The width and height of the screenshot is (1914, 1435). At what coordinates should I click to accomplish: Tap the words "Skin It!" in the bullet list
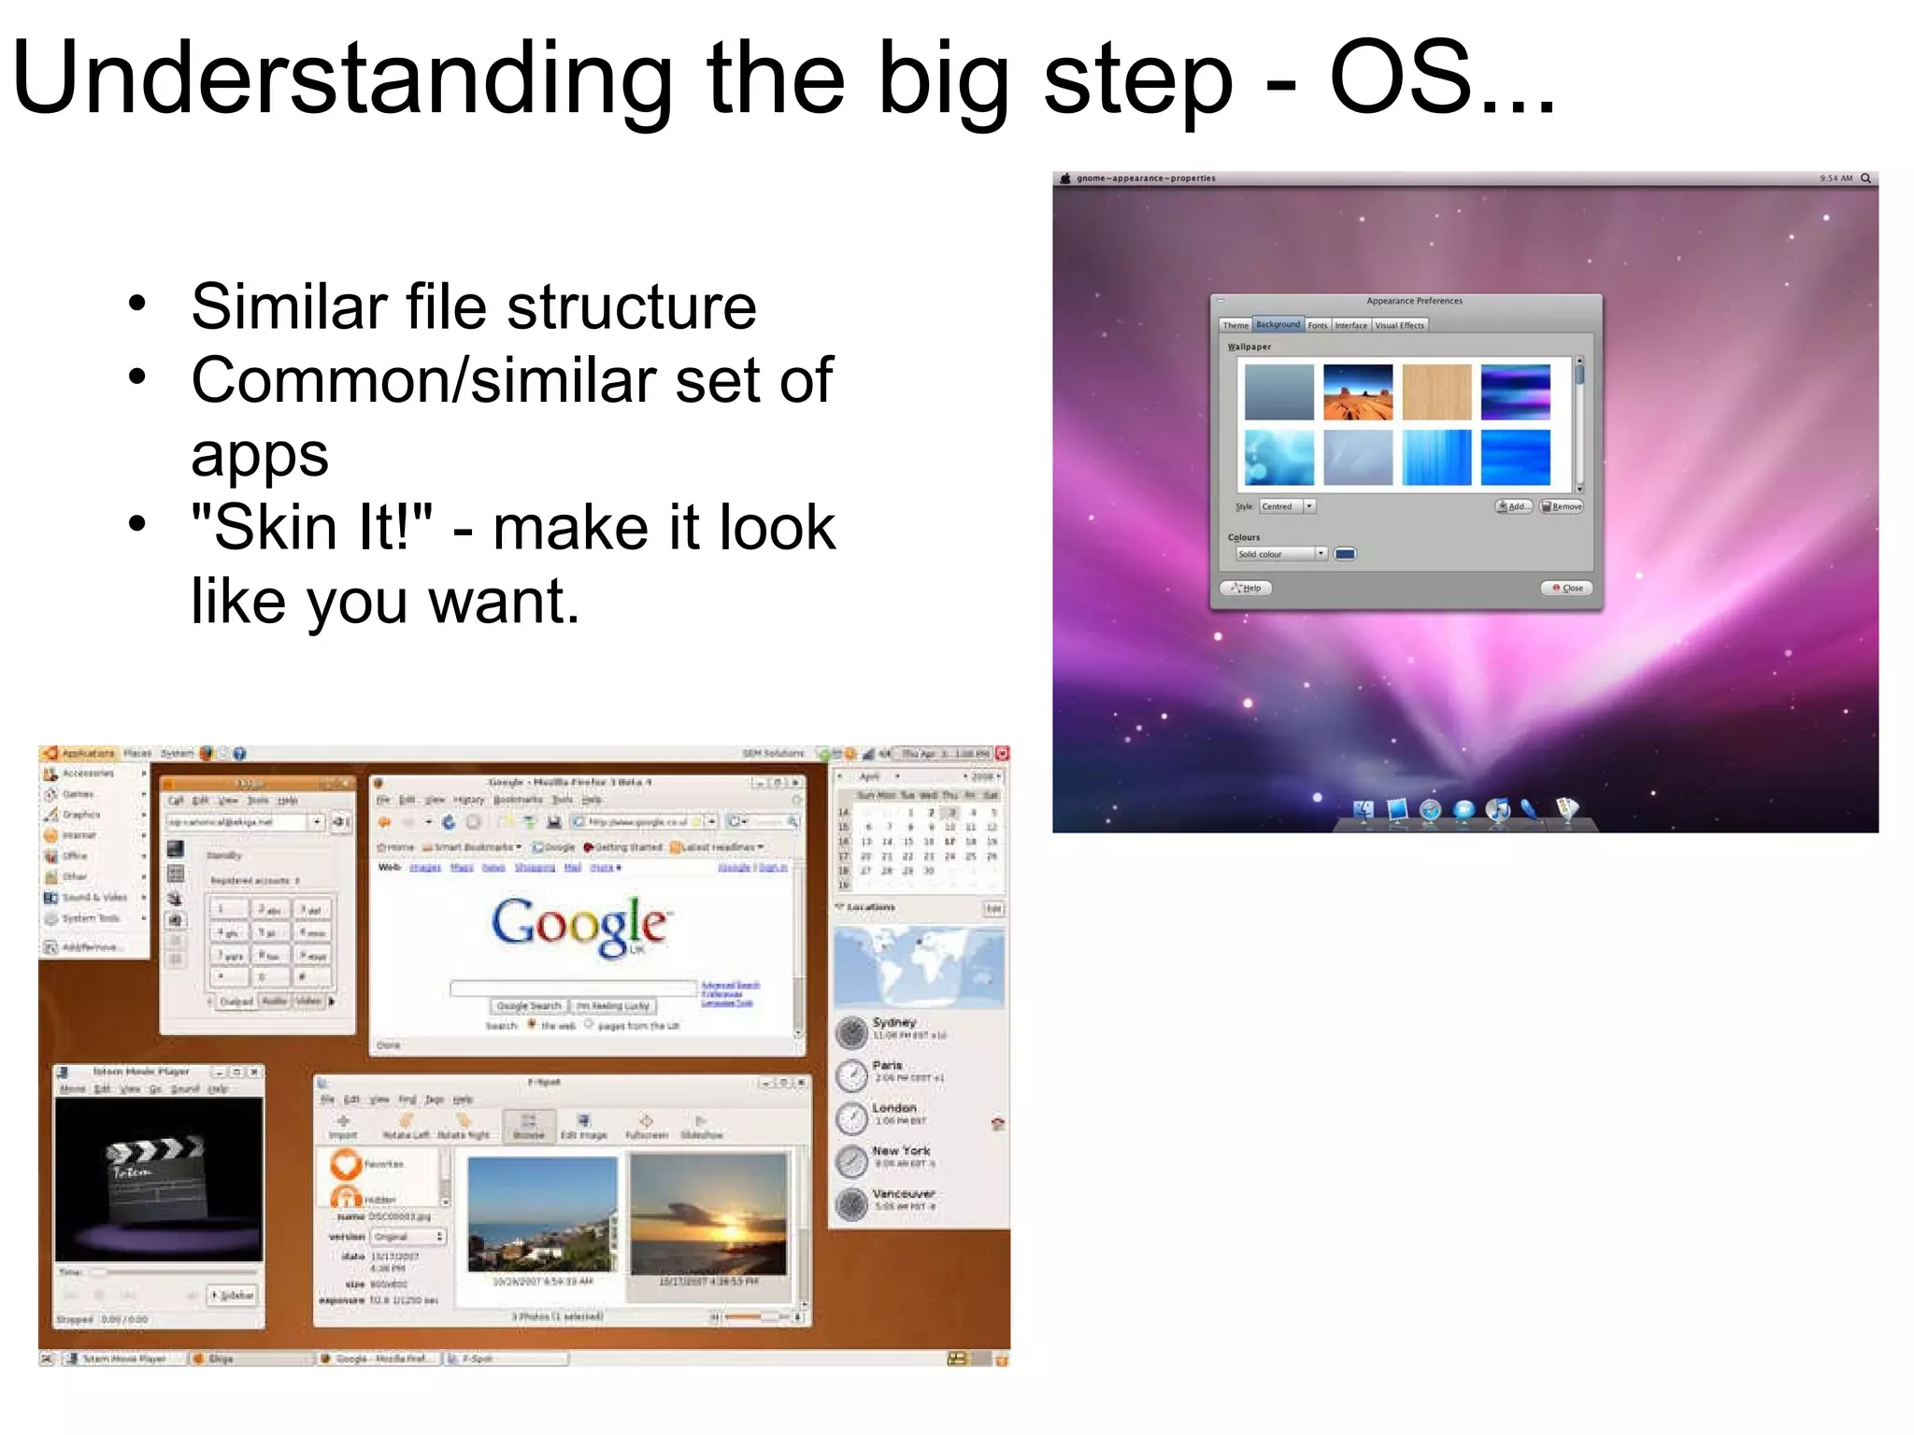tap(311, 528)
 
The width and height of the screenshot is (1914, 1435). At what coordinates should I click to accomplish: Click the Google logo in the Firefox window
tap(579, 925)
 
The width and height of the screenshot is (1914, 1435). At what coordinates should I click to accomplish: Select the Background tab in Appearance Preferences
tap(1278, 325)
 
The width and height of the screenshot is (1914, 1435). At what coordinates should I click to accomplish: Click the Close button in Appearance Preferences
tap(1567, 588)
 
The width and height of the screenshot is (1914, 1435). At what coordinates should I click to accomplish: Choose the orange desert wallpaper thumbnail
tap(1358, 392)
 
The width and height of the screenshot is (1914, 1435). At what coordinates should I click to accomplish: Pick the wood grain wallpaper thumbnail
tap(1436, 392)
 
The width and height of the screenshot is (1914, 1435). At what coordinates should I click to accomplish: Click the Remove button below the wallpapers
tap(1562, 506)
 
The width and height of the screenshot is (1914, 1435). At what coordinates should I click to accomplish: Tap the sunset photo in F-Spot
tap(708, 1215)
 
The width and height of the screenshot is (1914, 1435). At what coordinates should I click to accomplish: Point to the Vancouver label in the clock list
tap(903, 1194)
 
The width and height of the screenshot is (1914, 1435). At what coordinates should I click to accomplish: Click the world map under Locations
tap(919, 966)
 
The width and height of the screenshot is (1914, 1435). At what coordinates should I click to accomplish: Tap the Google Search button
tap(529, 1006)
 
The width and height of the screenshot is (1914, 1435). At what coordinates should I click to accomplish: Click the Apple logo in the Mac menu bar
tap(1064, 178)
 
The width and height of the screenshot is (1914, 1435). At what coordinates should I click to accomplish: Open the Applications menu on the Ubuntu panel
tap(87, 753)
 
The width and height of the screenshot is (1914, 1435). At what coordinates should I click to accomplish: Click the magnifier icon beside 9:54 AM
tap(1865, 178)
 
